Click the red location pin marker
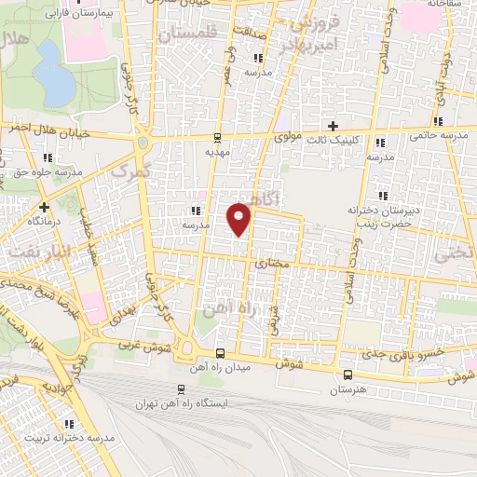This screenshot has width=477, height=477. coord(240,218)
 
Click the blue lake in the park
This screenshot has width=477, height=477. coord(55,85)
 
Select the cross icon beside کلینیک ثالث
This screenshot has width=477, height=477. coord(333,126)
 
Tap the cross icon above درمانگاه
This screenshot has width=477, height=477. coord(43,206)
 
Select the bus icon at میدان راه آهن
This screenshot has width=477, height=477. coord(221,353)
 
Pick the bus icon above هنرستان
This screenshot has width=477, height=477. coord(348,375)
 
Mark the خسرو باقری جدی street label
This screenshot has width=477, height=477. coord(375,356)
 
